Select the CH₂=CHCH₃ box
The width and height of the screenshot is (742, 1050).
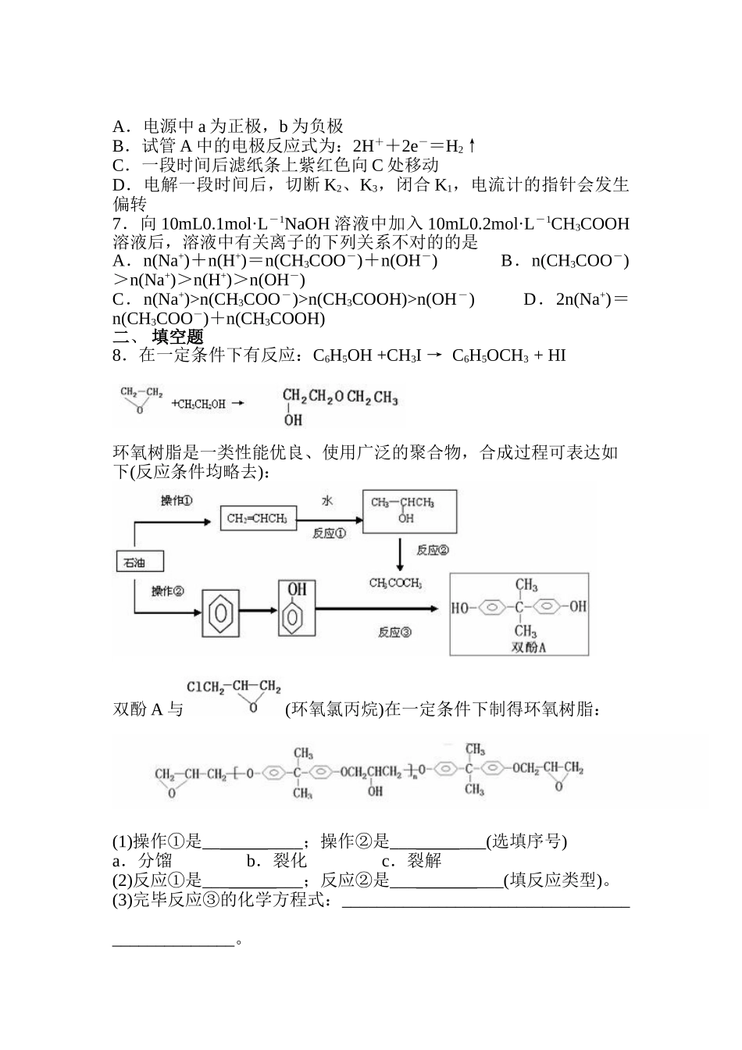pyautogui.click(x=257, y=518)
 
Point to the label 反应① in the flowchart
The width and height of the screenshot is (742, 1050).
pyautogui.click(x=329, y=534)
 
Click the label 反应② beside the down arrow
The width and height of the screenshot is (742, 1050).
pyautogui.click(x=432, y=551)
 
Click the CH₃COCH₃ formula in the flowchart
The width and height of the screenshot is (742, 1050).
pyautogui.click(x=396, y=583)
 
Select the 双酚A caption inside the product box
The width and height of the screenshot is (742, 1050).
pyautogui.click(x=528, y=647)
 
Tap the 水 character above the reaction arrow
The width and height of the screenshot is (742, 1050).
pyautogui.click(x=326, y=500)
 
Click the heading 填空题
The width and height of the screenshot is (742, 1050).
pyautogui.click(x=177, y=337)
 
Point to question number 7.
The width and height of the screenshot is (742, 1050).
pyautogui.click(x=118, y=224)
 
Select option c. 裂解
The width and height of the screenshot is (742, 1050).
pyautogui.click(x=412, y=860)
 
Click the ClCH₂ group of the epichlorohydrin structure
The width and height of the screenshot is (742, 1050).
pyautogui.click(x=205, y=687)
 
